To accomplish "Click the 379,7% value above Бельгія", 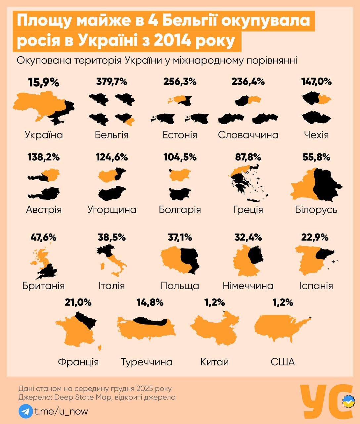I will click(112, 81).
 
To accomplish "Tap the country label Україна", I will click(44, 135).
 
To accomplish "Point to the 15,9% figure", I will click(44, 82).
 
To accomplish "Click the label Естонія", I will click(180, 135).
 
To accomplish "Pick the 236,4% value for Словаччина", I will click(248, 81).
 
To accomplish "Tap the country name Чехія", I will click(316, 135).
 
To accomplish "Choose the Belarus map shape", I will click(316, 184).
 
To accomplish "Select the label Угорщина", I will click(112, 210).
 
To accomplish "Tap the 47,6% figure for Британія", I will click(43, 238).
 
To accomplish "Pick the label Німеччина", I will click(248, 286).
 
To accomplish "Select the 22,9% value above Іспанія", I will click(315, 238).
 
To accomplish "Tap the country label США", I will click(283, 362).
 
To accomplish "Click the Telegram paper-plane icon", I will click(25, 411).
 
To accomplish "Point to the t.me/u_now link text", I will click(61, 411).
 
